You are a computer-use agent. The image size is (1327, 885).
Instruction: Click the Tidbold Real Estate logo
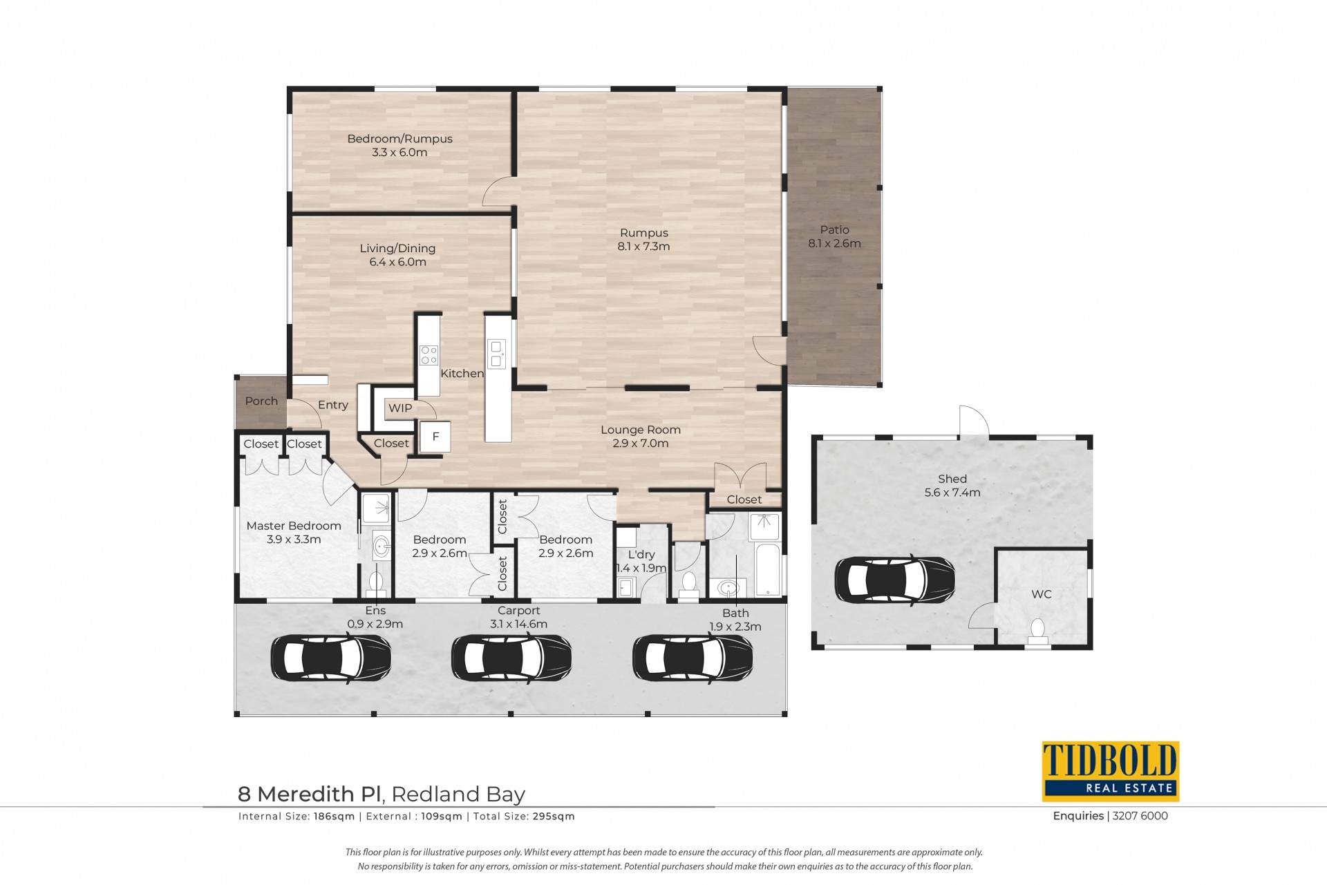click(1110, 771)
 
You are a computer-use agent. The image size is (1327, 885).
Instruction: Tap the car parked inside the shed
click(895, 581)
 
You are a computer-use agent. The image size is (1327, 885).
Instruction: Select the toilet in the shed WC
click(1037, 631)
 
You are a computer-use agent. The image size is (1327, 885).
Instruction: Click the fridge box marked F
click(435, 437)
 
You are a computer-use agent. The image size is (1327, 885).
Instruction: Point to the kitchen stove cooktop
click(429, 355)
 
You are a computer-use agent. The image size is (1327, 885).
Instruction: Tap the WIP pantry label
click(400, 408)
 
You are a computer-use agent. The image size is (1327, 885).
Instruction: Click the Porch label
click(261, 401)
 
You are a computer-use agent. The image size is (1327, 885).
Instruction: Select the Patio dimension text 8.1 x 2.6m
click(834, 244)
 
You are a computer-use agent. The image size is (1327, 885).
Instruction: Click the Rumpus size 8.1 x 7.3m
click(643, 247)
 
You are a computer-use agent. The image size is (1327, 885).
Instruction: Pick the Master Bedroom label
click(294, 526)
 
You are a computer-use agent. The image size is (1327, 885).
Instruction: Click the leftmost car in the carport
click(331, 659)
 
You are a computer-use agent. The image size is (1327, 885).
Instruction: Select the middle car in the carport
click(511, 659)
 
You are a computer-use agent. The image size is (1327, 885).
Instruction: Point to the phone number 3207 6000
click(1140, 816)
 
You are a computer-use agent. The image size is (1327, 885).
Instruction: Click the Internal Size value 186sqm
click(334, 817)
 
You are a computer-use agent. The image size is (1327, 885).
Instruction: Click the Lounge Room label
click(641, 430)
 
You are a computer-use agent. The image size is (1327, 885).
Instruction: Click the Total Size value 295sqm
click(554, 817)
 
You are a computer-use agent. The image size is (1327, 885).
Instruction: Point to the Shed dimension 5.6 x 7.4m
click(952, 493)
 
